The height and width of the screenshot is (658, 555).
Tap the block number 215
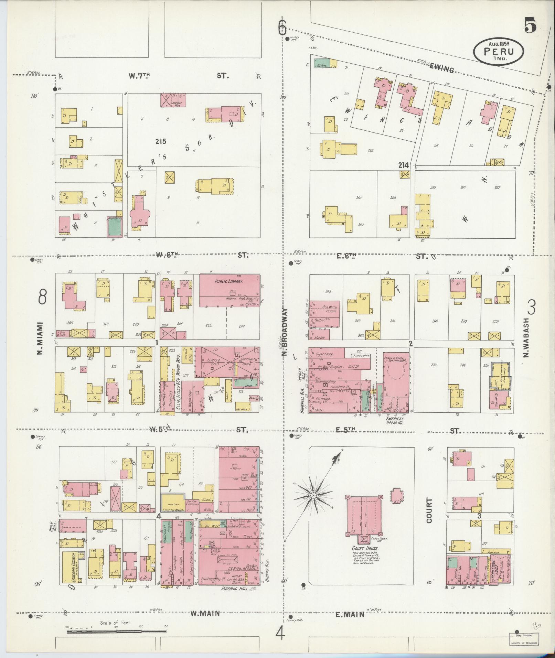pos(160,141)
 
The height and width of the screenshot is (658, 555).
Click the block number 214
pos(403,165)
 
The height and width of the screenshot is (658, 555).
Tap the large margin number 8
pos(42,297)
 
